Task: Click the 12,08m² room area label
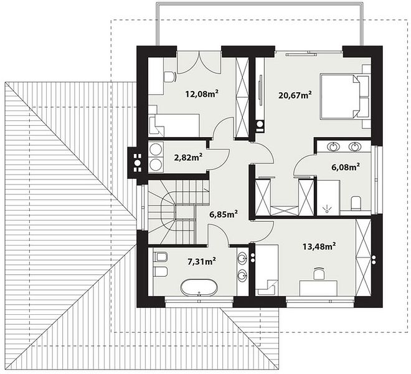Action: (x=202, y=93)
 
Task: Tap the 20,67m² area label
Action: (x=295, y=95)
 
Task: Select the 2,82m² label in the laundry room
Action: (x=188, y=157)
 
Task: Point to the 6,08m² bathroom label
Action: (x=346, y=167)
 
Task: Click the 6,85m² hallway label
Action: (x=224, y=214)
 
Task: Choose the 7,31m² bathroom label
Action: (x=202, y=261)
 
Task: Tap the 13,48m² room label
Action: (x=319, y=247)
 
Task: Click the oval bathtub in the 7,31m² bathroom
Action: (x=199, y=287)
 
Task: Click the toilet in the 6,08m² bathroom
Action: (x=356, y=203)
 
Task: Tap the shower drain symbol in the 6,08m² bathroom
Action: (x=326, y=208)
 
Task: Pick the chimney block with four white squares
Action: (x=137, y=163)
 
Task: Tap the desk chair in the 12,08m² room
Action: (x=169, y=77)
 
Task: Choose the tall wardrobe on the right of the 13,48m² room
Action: (x=364, y=258)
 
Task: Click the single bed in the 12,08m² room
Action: (x=174, y=125)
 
